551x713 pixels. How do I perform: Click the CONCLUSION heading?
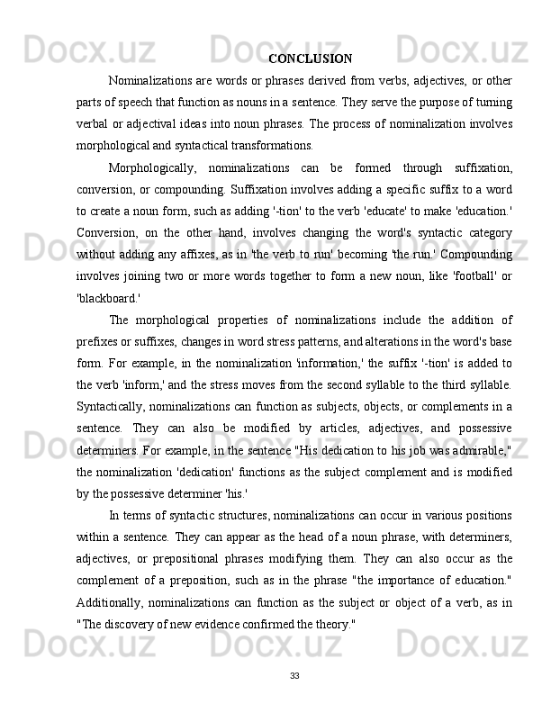(311, 59)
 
